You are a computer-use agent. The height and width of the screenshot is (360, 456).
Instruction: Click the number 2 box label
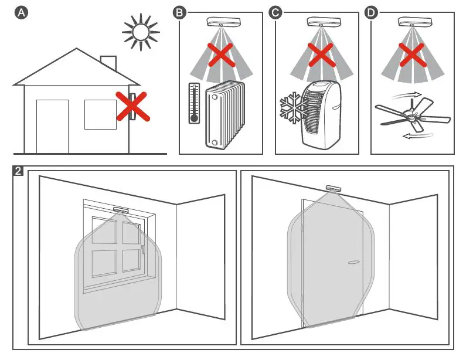(19, 172)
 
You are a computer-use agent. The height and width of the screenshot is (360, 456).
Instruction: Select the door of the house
(52, 126)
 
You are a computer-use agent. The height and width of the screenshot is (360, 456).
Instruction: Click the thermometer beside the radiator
(193, 103)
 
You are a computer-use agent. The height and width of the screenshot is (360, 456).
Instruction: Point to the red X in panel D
(412, 56)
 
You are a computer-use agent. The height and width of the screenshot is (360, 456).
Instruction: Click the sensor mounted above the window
(121, 209)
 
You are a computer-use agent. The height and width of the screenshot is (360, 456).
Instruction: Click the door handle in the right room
(354, 263)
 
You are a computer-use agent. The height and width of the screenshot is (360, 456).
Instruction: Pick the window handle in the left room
(142, 250)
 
